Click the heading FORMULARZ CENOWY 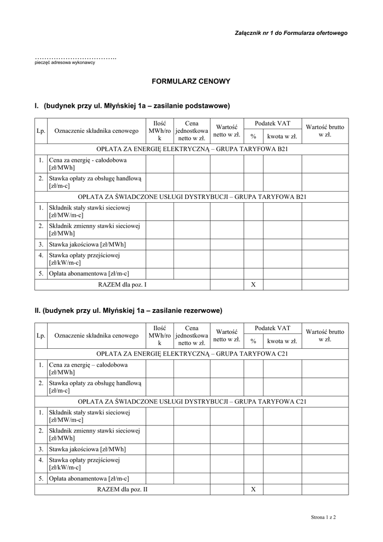191,82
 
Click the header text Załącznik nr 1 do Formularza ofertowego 291,33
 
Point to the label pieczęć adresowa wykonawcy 65,62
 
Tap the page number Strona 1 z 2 324,516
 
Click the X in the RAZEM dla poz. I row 253,285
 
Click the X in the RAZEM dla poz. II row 253,490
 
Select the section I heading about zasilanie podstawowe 132,106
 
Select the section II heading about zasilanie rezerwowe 129,310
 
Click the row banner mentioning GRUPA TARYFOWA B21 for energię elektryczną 191,149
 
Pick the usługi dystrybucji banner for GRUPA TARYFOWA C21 191,402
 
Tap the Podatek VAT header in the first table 272,123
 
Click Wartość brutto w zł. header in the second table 325,336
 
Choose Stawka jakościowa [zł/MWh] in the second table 87,449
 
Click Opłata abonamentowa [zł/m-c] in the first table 89,274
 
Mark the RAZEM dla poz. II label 122,490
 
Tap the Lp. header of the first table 41,131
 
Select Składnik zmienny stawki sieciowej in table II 94,434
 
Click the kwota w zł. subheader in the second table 282,341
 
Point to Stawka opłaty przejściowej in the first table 85,259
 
